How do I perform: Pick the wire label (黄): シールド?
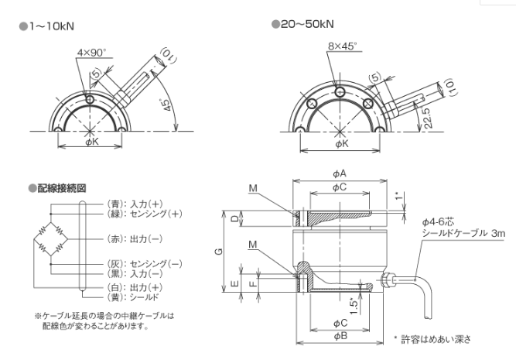coord(133,297)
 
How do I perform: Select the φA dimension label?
coord(339,175)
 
